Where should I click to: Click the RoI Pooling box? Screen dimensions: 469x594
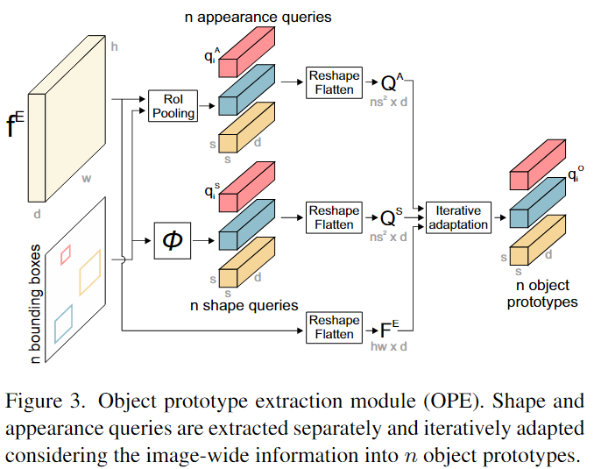coord(173,105)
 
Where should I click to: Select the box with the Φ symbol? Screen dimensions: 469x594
coord(173,239)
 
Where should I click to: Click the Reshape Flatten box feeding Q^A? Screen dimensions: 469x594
coord(333,82)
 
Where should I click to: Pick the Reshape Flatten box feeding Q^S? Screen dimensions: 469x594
coord(333,217)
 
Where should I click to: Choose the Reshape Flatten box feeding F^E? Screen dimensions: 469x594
coord(333,327)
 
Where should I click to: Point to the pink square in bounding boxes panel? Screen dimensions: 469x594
coord(65,254)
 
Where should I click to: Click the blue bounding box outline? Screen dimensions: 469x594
coord(63,323)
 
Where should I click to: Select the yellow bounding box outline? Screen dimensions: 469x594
coord(91,273)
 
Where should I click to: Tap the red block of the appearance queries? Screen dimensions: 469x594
coord(249,52)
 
